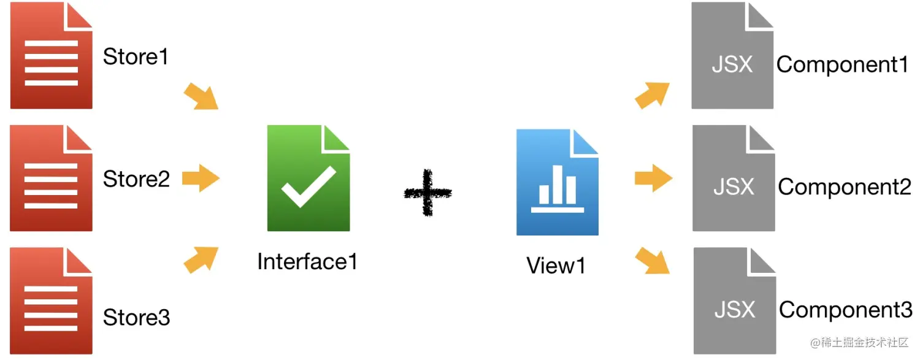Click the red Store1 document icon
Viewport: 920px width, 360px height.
(x=52, y=56)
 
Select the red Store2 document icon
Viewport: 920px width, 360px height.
(x=52, y=178)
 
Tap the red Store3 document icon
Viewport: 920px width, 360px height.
(x=52, y=301)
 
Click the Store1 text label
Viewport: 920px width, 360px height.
(x=136, y=57)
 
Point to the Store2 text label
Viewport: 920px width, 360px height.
(x=136, y=179)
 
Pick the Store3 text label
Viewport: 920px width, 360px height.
(x=136, y=318)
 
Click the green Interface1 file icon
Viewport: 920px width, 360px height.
(x=309, y=178)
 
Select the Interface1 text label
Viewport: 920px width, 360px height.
(x=307, y=262)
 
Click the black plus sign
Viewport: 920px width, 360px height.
(x=427, y=193)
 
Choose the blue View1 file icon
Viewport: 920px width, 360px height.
(x=557, y=182)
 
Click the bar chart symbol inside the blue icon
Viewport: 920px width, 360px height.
(x=557, y=193)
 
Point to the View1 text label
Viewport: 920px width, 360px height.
(x=556, y=266)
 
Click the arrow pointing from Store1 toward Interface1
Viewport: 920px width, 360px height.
(x=201, y=96)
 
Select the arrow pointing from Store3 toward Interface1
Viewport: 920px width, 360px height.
(x=201, y=259)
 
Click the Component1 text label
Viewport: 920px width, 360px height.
(x=842, y=65)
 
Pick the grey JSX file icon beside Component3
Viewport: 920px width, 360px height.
(x=735, y=301)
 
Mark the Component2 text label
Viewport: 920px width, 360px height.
(x=845, y=187)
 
